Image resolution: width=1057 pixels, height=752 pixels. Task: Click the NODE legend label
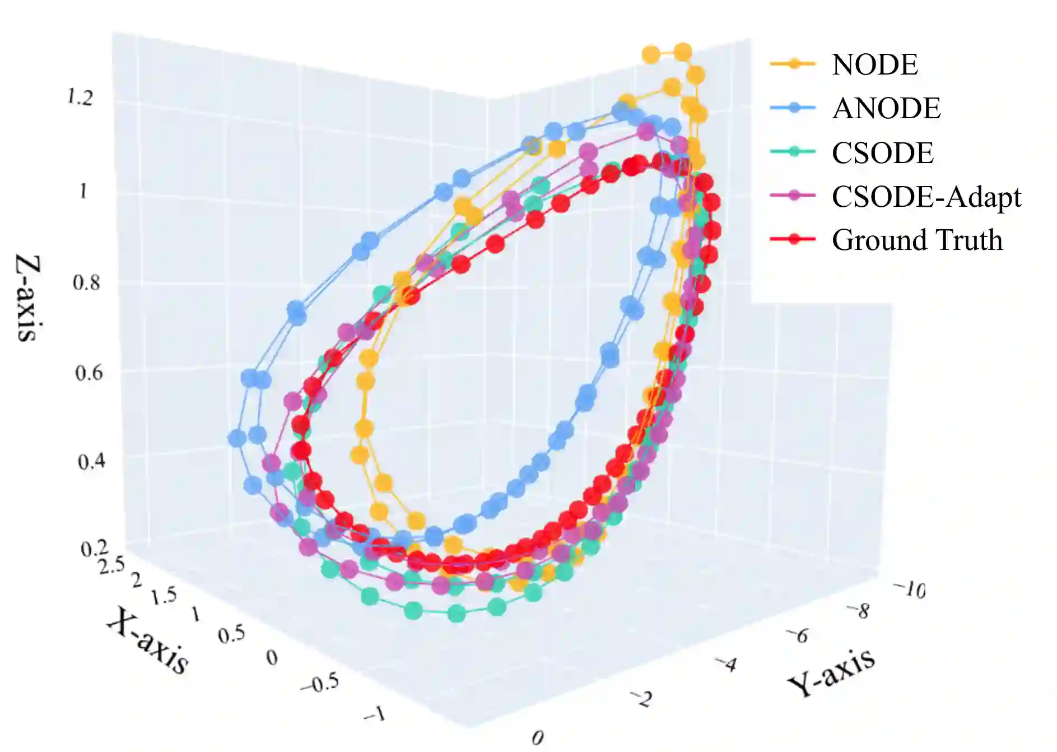[x=874, y=64]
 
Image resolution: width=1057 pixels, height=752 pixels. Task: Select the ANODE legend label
[x=886, y=108]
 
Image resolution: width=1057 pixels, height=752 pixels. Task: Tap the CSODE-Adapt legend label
[x=926, y=197]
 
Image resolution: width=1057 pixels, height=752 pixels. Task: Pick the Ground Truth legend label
[x=917, y=240]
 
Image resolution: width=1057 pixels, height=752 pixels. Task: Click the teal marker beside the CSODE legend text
[x=793, y=151]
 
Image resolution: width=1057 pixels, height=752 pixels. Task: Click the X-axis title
[x=147, y=640]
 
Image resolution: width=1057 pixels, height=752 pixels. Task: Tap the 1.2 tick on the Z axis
[x=80, y=98]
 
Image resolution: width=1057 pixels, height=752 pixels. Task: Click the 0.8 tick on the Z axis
[x=86, y=282]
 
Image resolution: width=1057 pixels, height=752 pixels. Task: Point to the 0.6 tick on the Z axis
[x=89, y=373]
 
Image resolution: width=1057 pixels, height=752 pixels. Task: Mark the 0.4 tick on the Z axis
[x=91, y=462]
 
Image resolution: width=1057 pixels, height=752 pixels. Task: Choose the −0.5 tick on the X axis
[x=319, y=683]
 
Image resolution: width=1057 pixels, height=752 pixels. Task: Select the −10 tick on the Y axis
[x=909, y=589]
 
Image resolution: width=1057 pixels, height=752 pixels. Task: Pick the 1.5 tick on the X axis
[x=164, y=596]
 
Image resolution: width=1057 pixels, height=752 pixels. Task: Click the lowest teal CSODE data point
[x=457, y=614]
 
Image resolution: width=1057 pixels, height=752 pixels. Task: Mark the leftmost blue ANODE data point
[x=238, y=438]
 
